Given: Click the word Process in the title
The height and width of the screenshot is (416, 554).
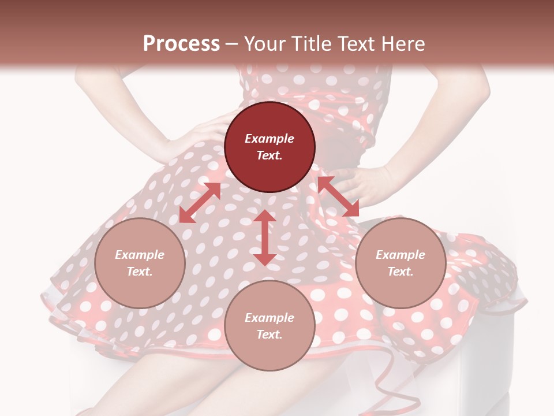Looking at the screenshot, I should coord(181,44).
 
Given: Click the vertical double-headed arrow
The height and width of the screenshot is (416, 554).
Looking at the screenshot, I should coord(265,237).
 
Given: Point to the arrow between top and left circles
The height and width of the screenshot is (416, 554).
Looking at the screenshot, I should coord(200,203).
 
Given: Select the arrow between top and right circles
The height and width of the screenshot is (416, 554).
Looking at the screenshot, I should coord(338,196).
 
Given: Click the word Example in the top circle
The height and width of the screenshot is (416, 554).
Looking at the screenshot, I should coord(269,139).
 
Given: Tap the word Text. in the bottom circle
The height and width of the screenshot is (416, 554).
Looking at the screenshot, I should coord(269,335).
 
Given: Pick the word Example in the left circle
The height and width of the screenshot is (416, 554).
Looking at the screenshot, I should coord(140,255).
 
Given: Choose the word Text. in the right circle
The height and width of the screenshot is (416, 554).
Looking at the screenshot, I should coord(400,272).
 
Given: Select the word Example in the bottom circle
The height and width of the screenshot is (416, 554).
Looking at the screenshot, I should coord(269,318).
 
